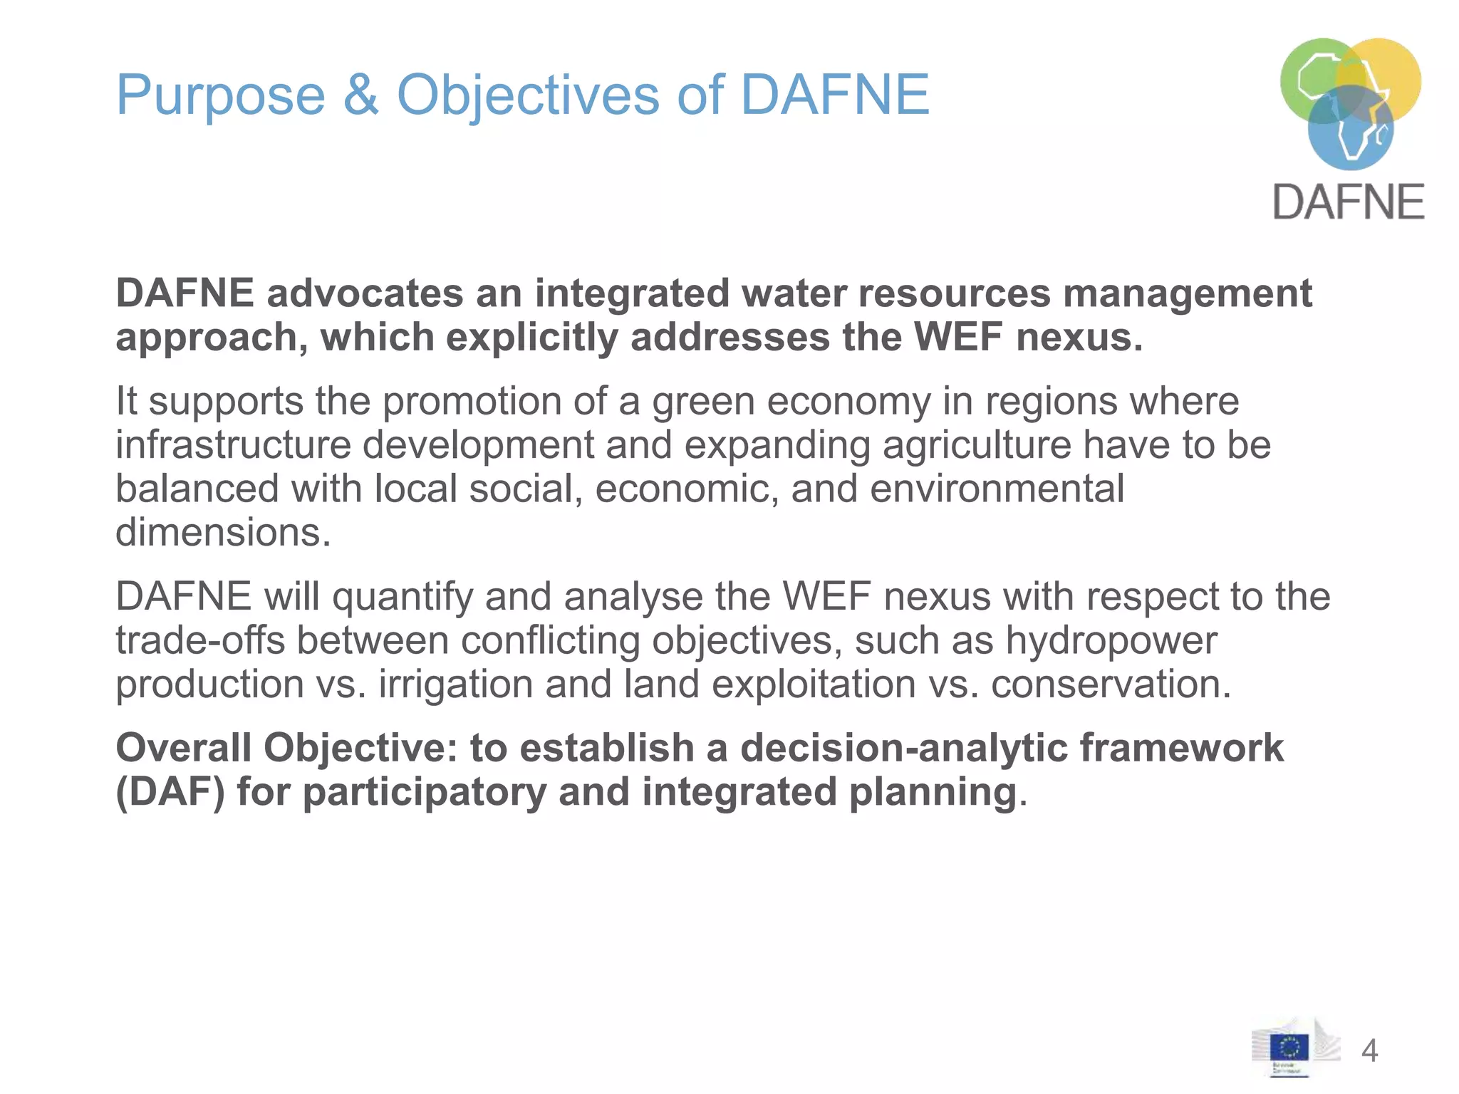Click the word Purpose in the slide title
220,95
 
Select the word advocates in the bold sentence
365,293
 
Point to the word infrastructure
233,445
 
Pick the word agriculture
977,445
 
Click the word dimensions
223,533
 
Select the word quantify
403,597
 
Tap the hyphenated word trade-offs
200,640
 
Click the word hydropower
1111,640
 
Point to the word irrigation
455,684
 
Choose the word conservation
1111,684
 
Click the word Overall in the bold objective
183,749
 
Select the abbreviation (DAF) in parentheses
170,792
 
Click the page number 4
1369,1051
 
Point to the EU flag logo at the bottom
1289,1048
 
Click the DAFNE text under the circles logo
1348,202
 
